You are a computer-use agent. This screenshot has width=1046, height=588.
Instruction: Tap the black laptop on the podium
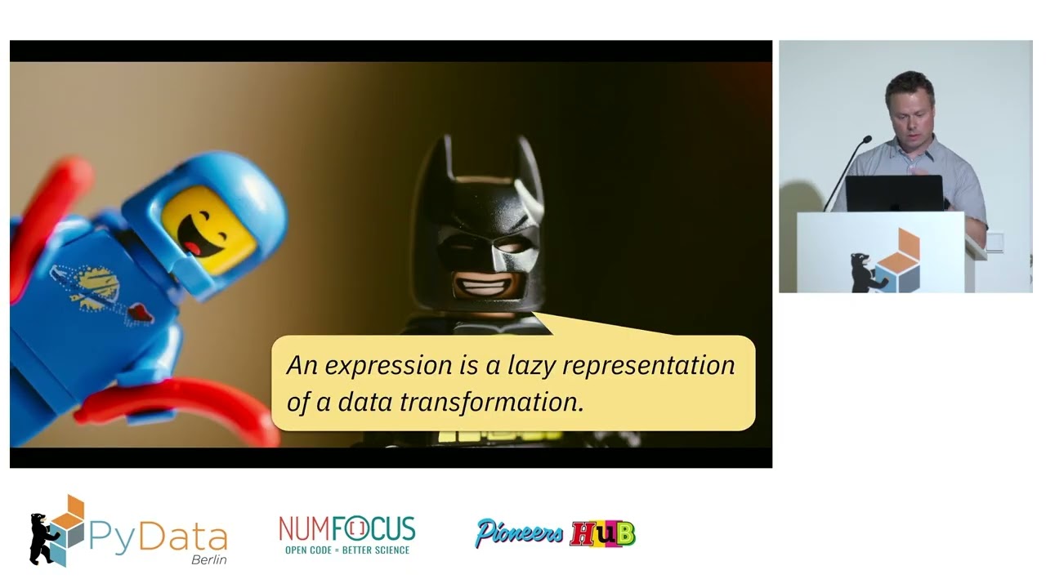point(894,194)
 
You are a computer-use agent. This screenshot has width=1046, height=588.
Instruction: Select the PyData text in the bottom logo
point(157,537)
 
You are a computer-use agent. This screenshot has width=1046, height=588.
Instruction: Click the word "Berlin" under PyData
point(208,559)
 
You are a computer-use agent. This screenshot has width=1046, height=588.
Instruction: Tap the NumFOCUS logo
point(346,529)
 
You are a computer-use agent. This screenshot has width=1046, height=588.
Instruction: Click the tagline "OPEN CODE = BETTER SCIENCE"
point(346,550)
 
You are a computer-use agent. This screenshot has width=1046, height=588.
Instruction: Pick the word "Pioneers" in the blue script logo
point(519,533)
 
